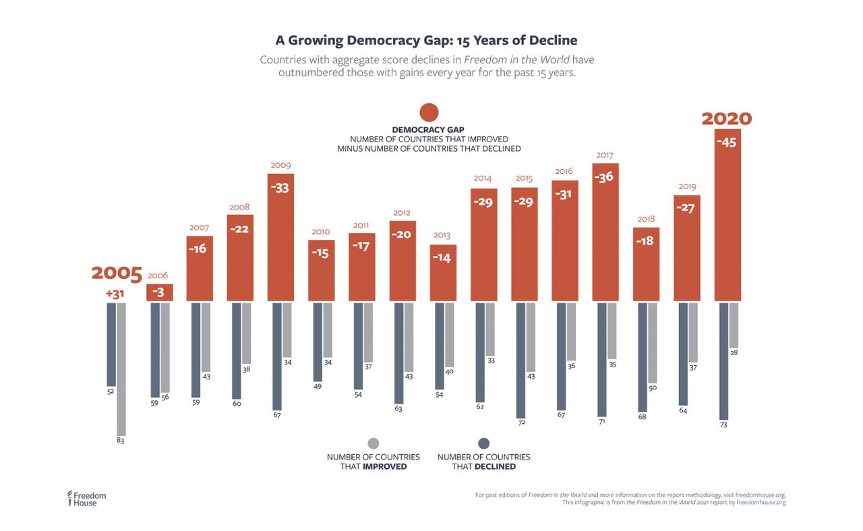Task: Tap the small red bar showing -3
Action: (x=160, y=292)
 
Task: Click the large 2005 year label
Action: (x=117, y=274)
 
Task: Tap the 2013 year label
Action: (x=442, y=235)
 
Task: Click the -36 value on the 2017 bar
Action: (x=605, y=177)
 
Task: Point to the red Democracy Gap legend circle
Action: (x=429, y=113)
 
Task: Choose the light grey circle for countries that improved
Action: (x=374, y=443)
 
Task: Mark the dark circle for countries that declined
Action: (x=483, y=443)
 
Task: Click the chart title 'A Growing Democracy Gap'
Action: (x=426, y=40)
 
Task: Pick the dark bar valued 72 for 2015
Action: (x=520, y=360)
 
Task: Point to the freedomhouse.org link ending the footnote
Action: (x=761, y=502)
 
